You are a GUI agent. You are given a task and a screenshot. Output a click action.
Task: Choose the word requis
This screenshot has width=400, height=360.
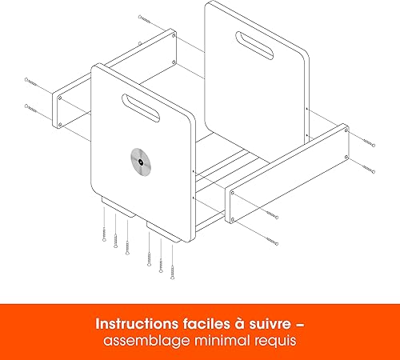click(273, 342)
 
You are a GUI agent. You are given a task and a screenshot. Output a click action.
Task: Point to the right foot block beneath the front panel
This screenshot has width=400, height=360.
click(166, 234)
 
